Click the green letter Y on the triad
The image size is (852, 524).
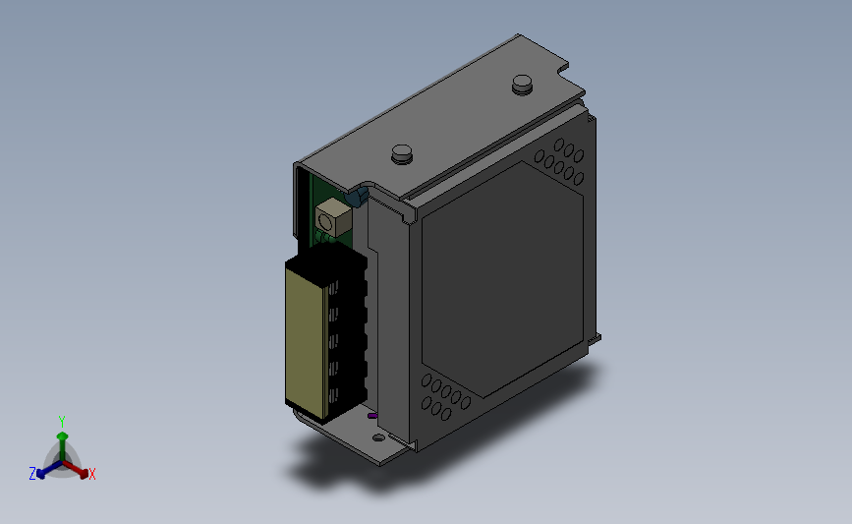click(61, 422)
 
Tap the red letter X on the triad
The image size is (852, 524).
click(91, 474)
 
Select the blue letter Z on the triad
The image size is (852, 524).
click(32, 474)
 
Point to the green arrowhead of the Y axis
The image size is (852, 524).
click(62, 436)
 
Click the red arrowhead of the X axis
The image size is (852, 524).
click(84, 474)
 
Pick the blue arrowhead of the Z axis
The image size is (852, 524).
click(40, 474)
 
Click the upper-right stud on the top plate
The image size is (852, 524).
click(522, 85)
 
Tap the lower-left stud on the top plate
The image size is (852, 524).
click(402, 153)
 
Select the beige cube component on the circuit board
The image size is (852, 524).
click(333, 217)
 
